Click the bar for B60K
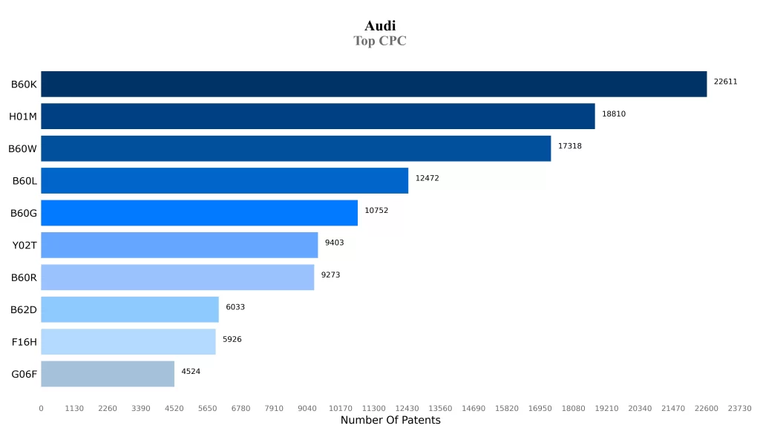click(x=373, y=84)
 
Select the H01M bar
click(x=318, y=116)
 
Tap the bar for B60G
click(x=199, y=212)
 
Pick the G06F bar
click(x=108, y=374)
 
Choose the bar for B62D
click(x=130, y=309)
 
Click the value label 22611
click(x=725, y=82)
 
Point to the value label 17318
click(x=569, y=146)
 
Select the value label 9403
click(x=334, y=243)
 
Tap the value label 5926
click(x=232, y=339)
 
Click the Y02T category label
click(x=24, y=246)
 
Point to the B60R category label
click(x=24, y=277)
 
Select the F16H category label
click(x=24, y=342)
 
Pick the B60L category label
click(x=24, y=181)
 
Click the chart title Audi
click(x=380, y=26)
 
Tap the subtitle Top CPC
click(x=380, y=41)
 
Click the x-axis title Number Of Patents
click(x=390, y=421)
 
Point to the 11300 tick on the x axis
click(x=373, y=408)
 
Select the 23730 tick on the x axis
click(x=739, y=408)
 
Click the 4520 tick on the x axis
click(x=174, y=408)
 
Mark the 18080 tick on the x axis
click(x=573, y=408)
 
